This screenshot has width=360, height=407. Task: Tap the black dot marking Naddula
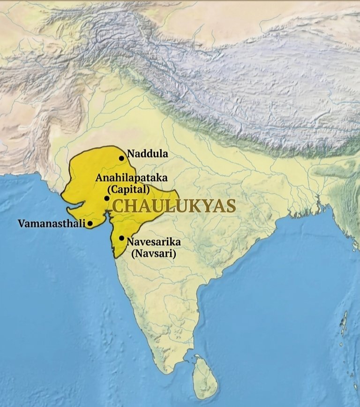click(x=121, y=158)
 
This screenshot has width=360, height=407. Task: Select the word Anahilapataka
click(x=131, y=178)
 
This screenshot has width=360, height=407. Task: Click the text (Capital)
click(x=128, y=189)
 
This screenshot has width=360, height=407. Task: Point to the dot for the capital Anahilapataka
click(x=107, y=198)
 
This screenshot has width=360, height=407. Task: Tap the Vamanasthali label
click(x=52, y=224)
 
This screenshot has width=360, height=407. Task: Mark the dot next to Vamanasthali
click(x=90, y=224)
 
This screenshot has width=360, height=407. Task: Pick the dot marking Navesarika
click(x=121, y=238)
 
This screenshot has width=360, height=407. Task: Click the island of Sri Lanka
click(x=205, y=375)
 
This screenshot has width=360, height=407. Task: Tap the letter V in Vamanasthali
click(x=22, y=224)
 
